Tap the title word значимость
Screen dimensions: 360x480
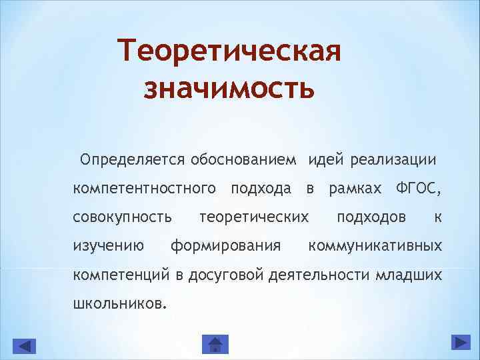229,87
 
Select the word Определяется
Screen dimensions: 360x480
132,160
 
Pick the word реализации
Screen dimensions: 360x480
393,160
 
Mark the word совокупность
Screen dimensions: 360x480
123,217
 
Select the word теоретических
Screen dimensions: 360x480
254,217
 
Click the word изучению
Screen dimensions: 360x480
109,246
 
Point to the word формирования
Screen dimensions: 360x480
225,246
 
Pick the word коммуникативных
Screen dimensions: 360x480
374,246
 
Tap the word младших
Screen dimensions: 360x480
409,274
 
